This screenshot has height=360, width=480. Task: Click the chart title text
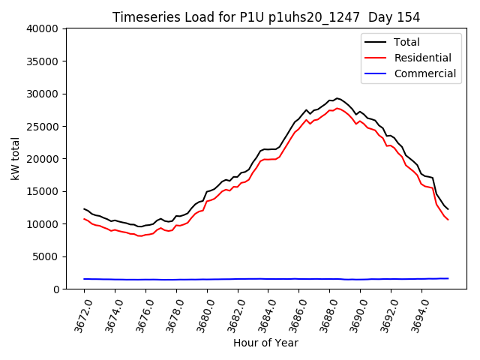(266, 17)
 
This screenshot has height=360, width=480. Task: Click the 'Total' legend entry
(406, 42)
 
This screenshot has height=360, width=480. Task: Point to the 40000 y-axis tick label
(43, 29)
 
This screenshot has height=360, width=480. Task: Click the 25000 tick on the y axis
(43, 127)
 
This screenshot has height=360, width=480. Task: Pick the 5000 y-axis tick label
(46, 256)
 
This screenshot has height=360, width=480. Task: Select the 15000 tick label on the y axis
(43, 192)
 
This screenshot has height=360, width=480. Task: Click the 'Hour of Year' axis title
(265, 343)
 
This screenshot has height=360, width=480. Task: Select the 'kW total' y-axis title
(15, 159)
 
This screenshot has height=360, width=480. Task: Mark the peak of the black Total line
(337, 98)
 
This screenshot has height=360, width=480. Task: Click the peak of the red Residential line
(337, 108)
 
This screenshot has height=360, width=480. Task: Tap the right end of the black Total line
(448, 209)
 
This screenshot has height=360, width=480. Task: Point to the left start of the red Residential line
(84, 219)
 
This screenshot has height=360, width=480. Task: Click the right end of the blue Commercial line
(448, 278)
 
